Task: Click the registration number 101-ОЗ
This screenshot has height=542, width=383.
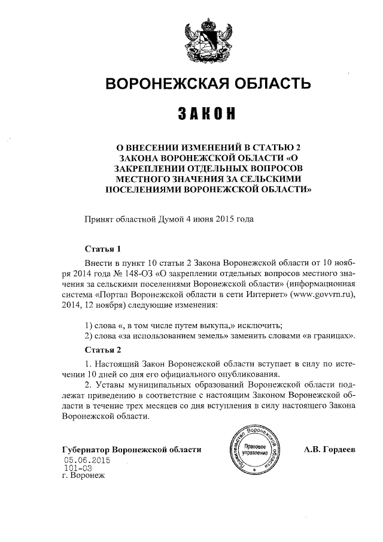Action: point(77,469)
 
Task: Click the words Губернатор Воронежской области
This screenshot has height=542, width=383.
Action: point(132,449)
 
